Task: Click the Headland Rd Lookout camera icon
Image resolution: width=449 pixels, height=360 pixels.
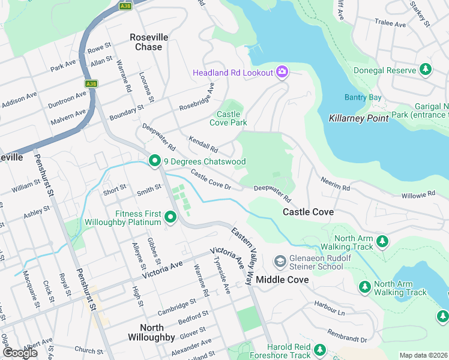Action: [282, 73]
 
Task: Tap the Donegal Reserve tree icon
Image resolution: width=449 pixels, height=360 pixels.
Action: [426, 70]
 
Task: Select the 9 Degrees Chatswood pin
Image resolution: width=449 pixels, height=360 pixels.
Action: [154, 161]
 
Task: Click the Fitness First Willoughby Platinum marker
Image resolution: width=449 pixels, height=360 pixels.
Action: [170, 217]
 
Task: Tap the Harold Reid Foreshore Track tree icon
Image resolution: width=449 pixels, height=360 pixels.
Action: [319, 350]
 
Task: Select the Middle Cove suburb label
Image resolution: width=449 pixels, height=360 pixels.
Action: [282, 280]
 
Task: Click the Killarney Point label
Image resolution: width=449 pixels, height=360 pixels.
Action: [359, 118]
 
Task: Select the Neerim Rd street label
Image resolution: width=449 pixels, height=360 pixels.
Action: [335, 184]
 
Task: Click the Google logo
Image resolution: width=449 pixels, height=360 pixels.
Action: [20, 352]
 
